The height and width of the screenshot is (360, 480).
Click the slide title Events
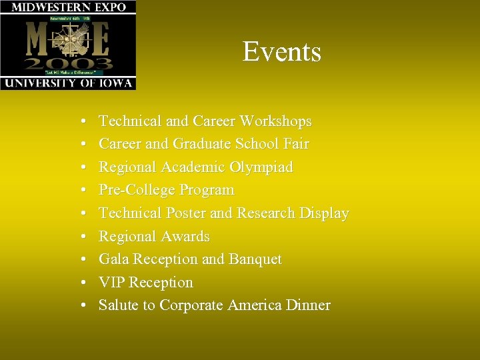coord(281,52)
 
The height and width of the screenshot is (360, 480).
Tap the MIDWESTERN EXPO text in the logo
coord(68,7)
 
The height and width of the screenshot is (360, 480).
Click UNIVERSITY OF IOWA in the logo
coord(68,83)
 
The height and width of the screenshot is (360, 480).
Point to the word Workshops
coord(275,121)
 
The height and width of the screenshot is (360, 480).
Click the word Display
coord(324,213)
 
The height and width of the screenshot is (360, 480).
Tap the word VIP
coord(111,283)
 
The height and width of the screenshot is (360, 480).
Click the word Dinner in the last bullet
coord(306,305)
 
